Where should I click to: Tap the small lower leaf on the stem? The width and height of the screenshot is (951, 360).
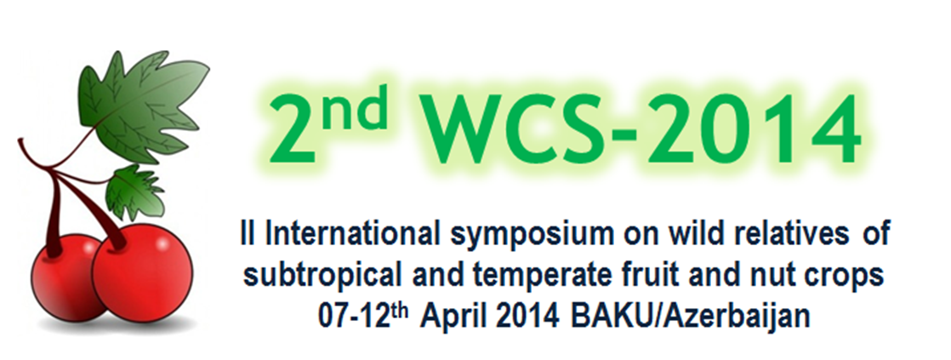pos(134,192)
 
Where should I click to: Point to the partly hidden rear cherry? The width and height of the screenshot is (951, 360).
pos(64,277)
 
